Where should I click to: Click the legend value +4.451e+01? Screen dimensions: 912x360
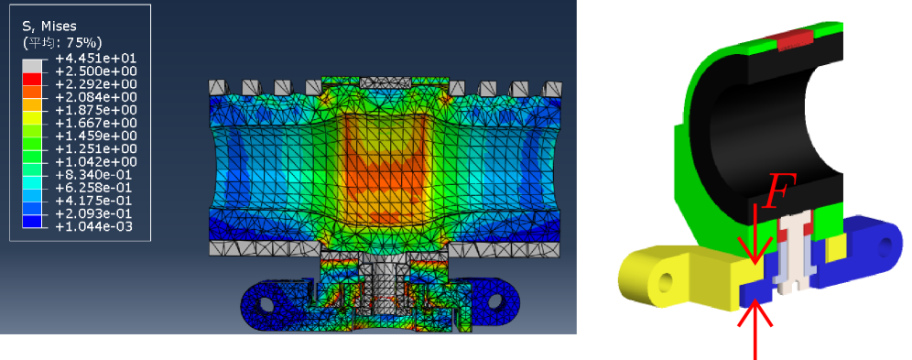[95, 59]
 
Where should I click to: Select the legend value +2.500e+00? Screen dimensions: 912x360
[95, 71]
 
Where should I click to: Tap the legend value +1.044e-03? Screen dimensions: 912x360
[95, 226]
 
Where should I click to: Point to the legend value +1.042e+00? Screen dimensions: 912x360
[95, 162]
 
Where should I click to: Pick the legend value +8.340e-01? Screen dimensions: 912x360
[95, 174]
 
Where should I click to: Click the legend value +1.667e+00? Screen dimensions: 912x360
[95, 124]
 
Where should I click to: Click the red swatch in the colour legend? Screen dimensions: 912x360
[32, 79]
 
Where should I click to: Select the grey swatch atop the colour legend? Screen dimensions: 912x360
[32, 66]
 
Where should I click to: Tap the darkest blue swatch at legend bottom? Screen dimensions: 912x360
[32, 221]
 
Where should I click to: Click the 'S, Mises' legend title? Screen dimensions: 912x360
[49, 27]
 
